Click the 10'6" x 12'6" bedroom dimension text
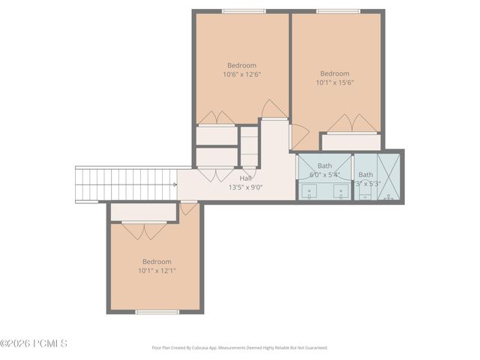pyautogui.click(x=241, y=74)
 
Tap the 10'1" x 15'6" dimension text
pyautogui.click(x=334, y=83)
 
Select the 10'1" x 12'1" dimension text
pyautogui.click(x=157, y=271)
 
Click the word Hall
pyautogui.click(x=245, y=178)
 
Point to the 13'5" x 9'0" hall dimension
pyautogui.click(x=245, y=187)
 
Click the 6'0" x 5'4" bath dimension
pyautogui.click(x=325, y=175)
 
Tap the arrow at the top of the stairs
pyautogui.click(x=175, y=184)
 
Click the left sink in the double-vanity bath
pyautogui.click(x=309, y=191)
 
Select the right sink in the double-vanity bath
pyautogui.click(x=340, y=191)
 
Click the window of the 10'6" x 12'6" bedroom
pyautogui.click(x=243, y=11)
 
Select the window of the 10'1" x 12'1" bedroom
pyautogui.click(x=157, y=311)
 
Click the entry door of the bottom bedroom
pyautogui.click(x=190, y=208)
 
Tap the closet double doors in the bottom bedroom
pyautogui.click(x=144, y=230)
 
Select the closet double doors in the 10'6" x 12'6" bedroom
pyautogui.click(x=216, y=118)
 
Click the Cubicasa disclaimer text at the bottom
pyautogui.click(x=239, y=347)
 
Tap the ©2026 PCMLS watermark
pyautogui.click(x=34, y=343)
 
